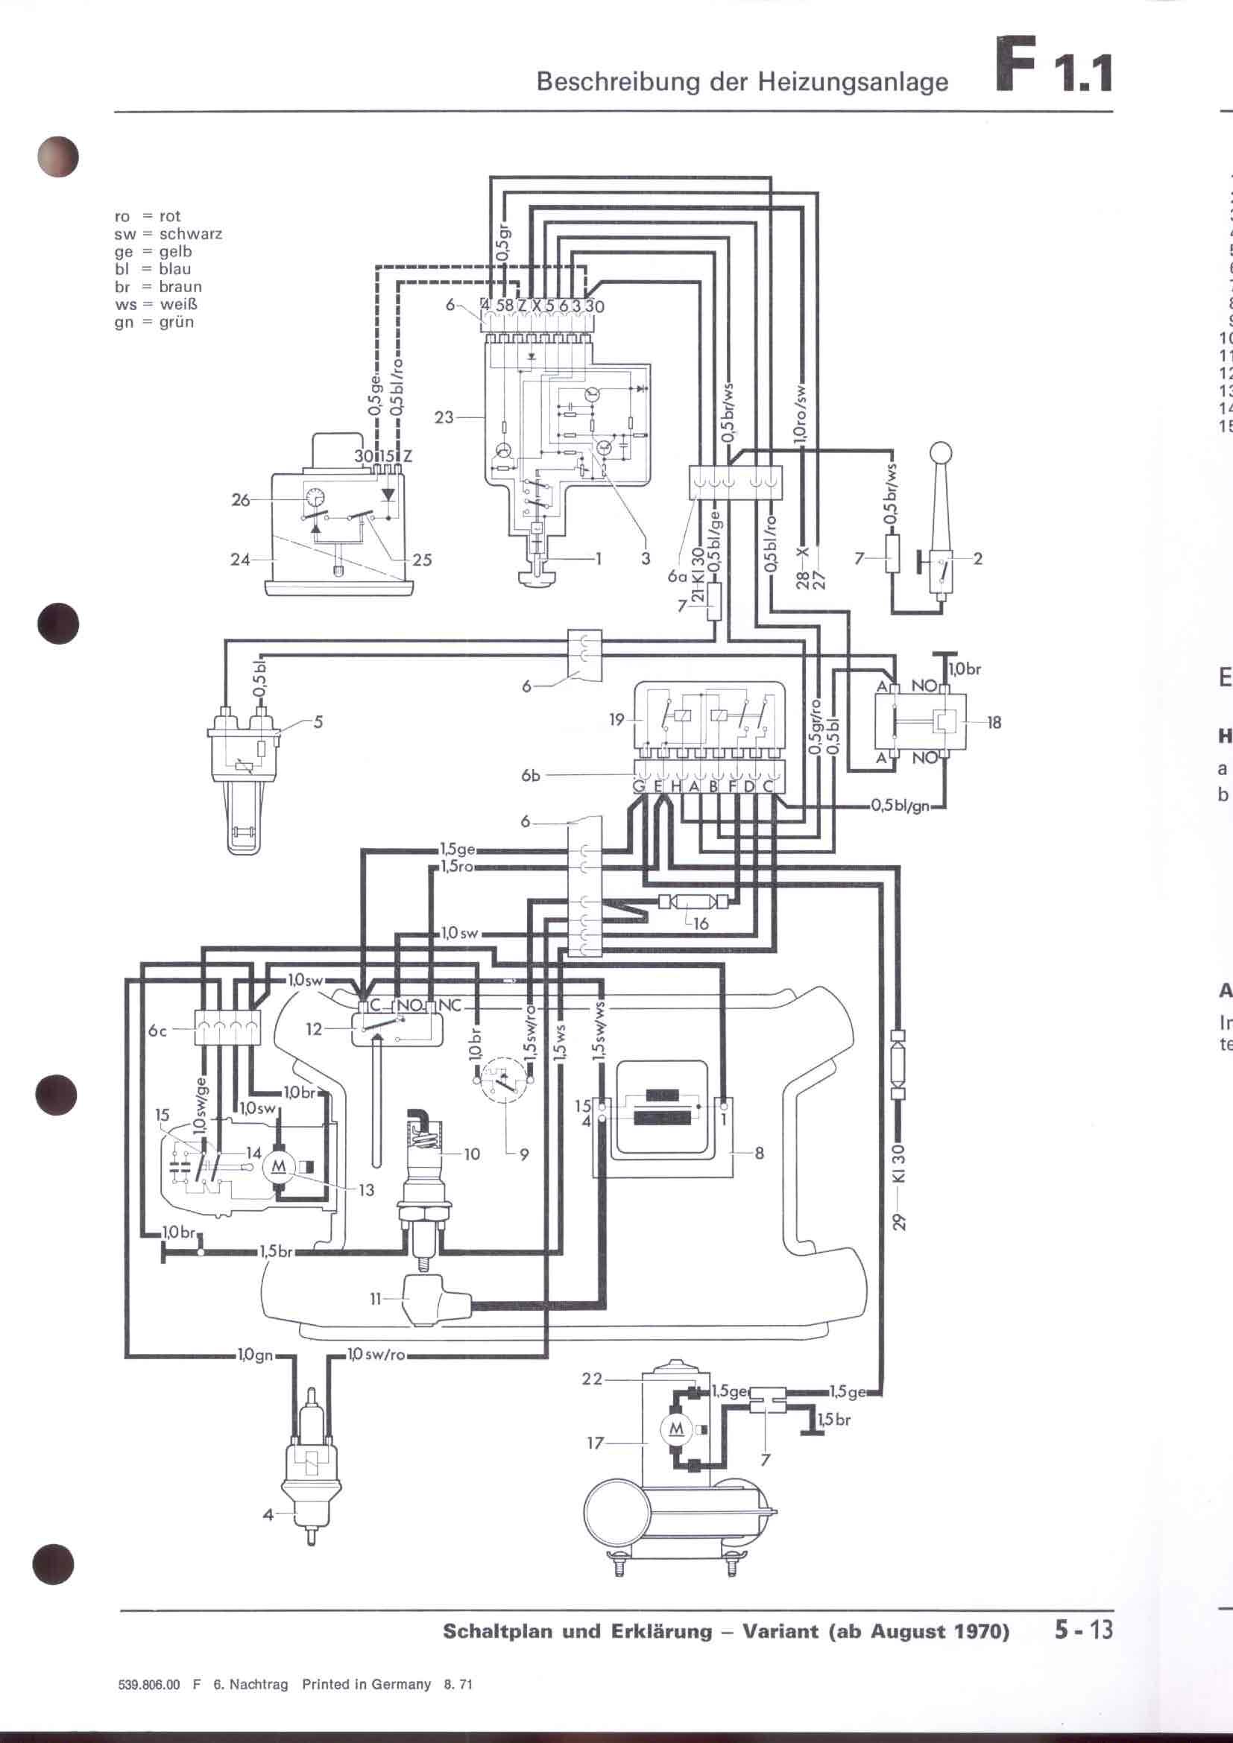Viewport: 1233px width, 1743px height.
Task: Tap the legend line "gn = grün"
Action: (x=154, y=322)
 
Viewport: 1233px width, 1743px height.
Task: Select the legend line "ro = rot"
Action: (x=148, y=216)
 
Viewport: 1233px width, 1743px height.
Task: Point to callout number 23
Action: (x=444, y=417)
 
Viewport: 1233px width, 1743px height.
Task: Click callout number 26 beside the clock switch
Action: (x=241, y=500)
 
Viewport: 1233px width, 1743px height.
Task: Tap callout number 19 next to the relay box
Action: (x=617, y=719)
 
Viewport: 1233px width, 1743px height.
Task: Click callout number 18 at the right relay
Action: (x=994, y=722)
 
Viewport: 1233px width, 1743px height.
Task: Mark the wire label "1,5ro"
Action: (x=457, y=866)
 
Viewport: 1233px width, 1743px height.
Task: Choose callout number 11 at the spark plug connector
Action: (x=375, y=1299)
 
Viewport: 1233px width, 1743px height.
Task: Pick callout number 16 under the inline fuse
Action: (x=701, y=924)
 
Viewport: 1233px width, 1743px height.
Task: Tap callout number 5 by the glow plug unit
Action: (x=318, y=721)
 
